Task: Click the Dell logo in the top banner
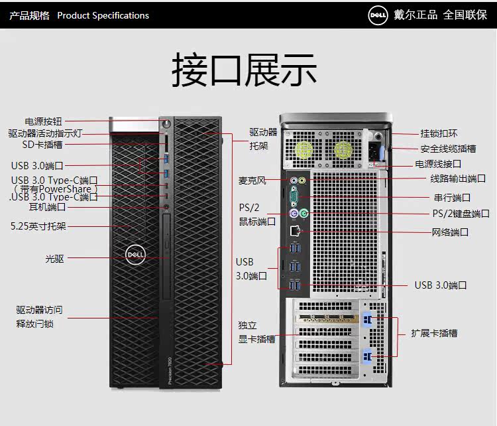(x=378, y=15)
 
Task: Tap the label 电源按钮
(x=43, y=121)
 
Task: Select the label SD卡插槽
(x=42, y=144)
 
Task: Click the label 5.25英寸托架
(x=38, y=226)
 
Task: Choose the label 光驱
(x=54, y=259)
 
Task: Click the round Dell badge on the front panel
(x=135, y=254)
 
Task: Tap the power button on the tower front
(x=165, y=123)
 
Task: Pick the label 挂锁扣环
(x=439, y=133)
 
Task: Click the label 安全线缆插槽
(x=448, y=149)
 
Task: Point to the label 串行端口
(x=452, y=198)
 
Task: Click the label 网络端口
(x=450, y=232)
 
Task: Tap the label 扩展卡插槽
(x=434, y=333)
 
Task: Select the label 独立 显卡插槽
(x=256, y=332)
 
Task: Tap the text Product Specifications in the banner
(x=103, y=15)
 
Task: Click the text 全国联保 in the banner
(x=465, y=15)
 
